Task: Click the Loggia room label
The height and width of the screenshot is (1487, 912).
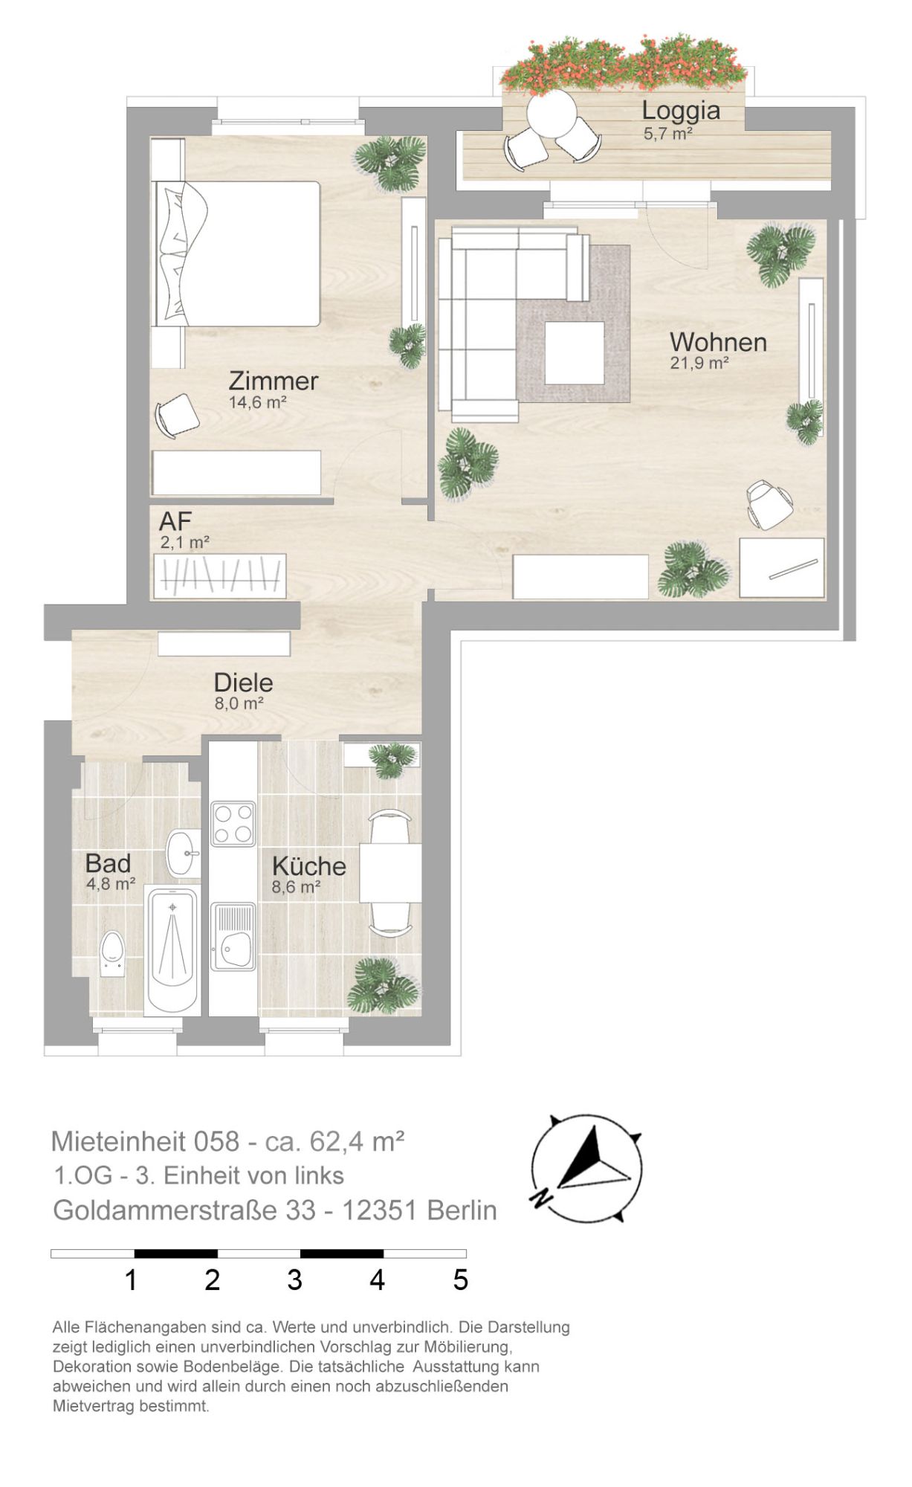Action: click(681, 111)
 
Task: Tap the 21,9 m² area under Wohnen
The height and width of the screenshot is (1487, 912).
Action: click(699, 363)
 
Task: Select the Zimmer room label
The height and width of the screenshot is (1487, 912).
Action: click(274, 381)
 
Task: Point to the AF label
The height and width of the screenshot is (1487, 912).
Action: click(175, 520)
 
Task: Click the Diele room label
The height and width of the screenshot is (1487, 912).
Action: click(243, 682)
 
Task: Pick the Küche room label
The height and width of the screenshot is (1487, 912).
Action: click(308, 865)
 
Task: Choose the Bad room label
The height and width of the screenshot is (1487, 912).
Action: click(108, 863)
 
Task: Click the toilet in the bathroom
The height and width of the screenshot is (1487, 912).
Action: click(112, 953)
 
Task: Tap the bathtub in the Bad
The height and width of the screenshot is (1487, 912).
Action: click(172, 951)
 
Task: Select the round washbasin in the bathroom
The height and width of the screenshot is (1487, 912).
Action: click(183, 853)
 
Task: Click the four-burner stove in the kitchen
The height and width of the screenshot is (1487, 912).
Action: click(233, 823)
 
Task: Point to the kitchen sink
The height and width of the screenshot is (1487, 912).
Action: click(233, 937)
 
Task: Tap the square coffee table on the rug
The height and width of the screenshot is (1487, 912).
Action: click(575, 352)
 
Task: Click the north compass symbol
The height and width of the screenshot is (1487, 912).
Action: click(586, 1168)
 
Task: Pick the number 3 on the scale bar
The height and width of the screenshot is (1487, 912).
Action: click(295, 1280)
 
